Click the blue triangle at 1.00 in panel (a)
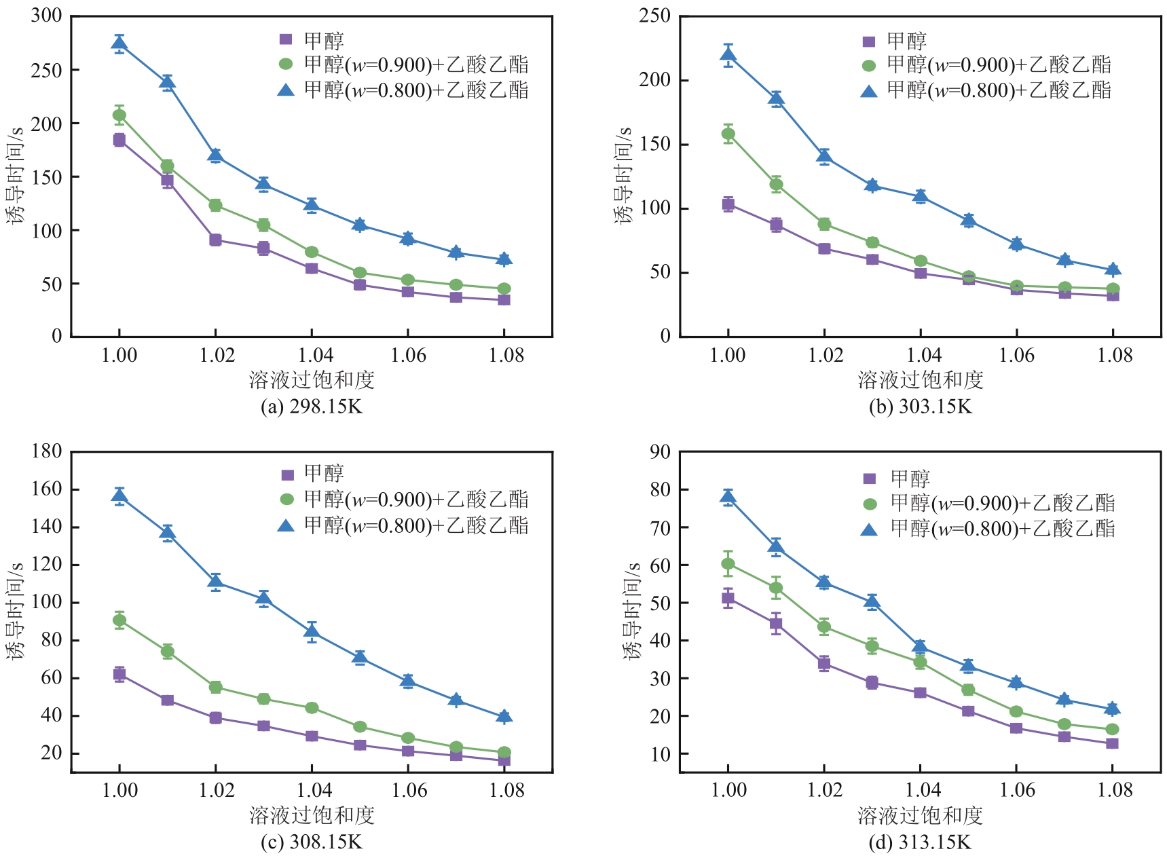119,44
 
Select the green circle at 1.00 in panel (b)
728,134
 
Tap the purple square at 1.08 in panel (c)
504,760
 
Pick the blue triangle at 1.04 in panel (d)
920,646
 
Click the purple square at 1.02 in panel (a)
216,240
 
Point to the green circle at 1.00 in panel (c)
119,620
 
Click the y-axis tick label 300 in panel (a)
46,16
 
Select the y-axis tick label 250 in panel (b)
654,16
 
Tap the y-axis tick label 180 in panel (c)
46,451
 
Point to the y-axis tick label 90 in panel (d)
660,451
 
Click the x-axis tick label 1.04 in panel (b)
924,355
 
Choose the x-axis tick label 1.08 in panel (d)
1115,790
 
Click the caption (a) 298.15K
312,407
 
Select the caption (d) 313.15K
920,842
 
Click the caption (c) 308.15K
312,842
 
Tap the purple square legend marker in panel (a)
286,39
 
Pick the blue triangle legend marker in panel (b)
869,90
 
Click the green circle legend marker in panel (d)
870,504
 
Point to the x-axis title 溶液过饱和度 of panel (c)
312,815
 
